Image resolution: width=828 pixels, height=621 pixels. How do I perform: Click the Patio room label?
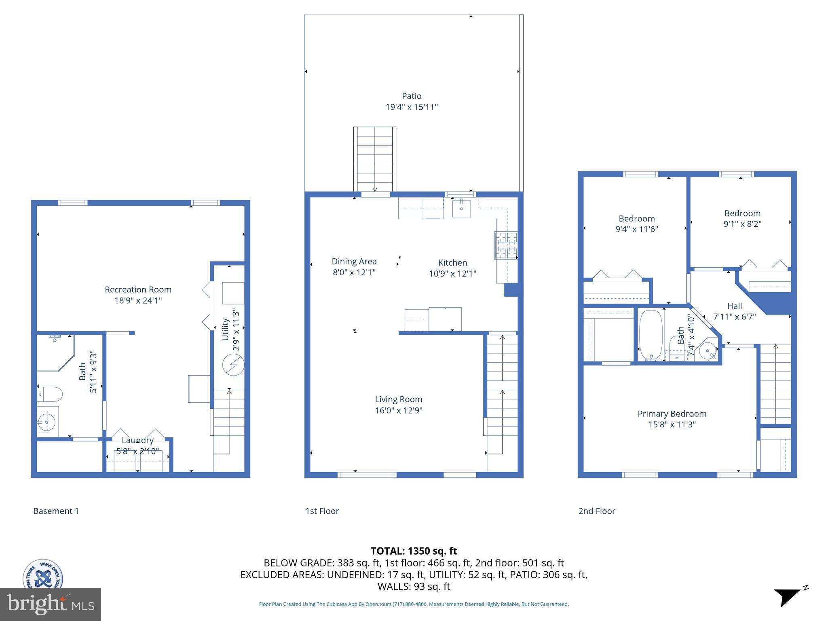[412, 96]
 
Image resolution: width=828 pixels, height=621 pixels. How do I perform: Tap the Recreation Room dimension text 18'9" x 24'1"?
[138, 300]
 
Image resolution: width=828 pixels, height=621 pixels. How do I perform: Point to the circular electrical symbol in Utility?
[233, 365]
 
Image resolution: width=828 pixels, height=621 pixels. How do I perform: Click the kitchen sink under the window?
[461, 208]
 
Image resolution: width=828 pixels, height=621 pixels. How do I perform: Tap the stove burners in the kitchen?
[506, 245]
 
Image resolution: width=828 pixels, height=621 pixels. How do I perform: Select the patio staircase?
[375, 160]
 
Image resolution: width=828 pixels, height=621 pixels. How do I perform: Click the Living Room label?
[399, 399]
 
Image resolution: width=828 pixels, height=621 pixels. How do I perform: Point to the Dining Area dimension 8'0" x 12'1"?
[354, 272]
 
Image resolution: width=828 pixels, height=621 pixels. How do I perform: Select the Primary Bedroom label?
[672, 414]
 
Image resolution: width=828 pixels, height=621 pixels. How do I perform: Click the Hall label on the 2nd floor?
[734, 306]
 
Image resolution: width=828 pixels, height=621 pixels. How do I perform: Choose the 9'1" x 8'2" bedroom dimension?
[742, 224]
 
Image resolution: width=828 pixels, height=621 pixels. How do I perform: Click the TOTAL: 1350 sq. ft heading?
[414, 551]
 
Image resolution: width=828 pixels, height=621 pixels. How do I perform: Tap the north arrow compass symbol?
[788, 597]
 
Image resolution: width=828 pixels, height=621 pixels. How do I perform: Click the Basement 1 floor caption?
[56, 511]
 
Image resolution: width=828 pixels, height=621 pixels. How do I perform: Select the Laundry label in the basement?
[137, 440]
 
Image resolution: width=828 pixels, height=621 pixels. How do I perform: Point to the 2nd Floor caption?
[597, 511]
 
